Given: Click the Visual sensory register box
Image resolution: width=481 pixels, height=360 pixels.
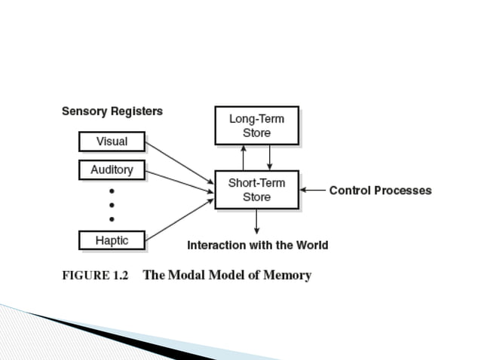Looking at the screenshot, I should [112, 142].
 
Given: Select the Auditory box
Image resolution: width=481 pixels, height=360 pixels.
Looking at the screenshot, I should [112, 170].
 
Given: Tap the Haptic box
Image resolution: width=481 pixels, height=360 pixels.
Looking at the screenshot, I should [112, 241].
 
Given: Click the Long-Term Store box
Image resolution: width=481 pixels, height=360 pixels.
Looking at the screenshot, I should [256, 126].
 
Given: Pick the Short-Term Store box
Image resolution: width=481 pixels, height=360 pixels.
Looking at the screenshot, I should [256, 190].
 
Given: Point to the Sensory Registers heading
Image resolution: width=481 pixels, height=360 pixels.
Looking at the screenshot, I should [112, 111].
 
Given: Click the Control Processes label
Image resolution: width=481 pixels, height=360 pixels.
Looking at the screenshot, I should [380, 191].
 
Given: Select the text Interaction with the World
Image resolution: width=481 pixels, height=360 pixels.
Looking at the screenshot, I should [257, 246].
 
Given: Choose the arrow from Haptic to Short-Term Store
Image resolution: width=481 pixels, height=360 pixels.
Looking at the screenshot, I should [179, 220].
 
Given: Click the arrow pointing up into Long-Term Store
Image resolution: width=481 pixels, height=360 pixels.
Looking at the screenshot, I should [243, 157].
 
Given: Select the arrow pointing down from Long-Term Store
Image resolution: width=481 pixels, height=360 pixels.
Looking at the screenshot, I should [269, 157].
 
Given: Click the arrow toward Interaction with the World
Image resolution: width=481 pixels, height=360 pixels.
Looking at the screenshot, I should [256, 221].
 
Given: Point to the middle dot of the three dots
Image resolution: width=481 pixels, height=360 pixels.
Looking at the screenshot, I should [112, 205].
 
